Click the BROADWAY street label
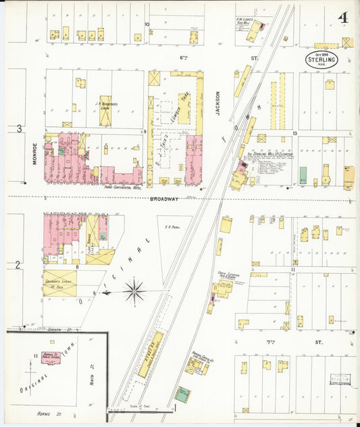(x=164, y=199)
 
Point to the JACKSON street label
(x=218, y=103)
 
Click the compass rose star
(x=134, y=292)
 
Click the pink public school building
(x=50, y=357)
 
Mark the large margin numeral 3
(x=19, y=128)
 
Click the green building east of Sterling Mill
(x=303, y=175)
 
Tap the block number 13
(x=296, y=134)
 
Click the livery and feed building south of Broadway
(x=60, y=284)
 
